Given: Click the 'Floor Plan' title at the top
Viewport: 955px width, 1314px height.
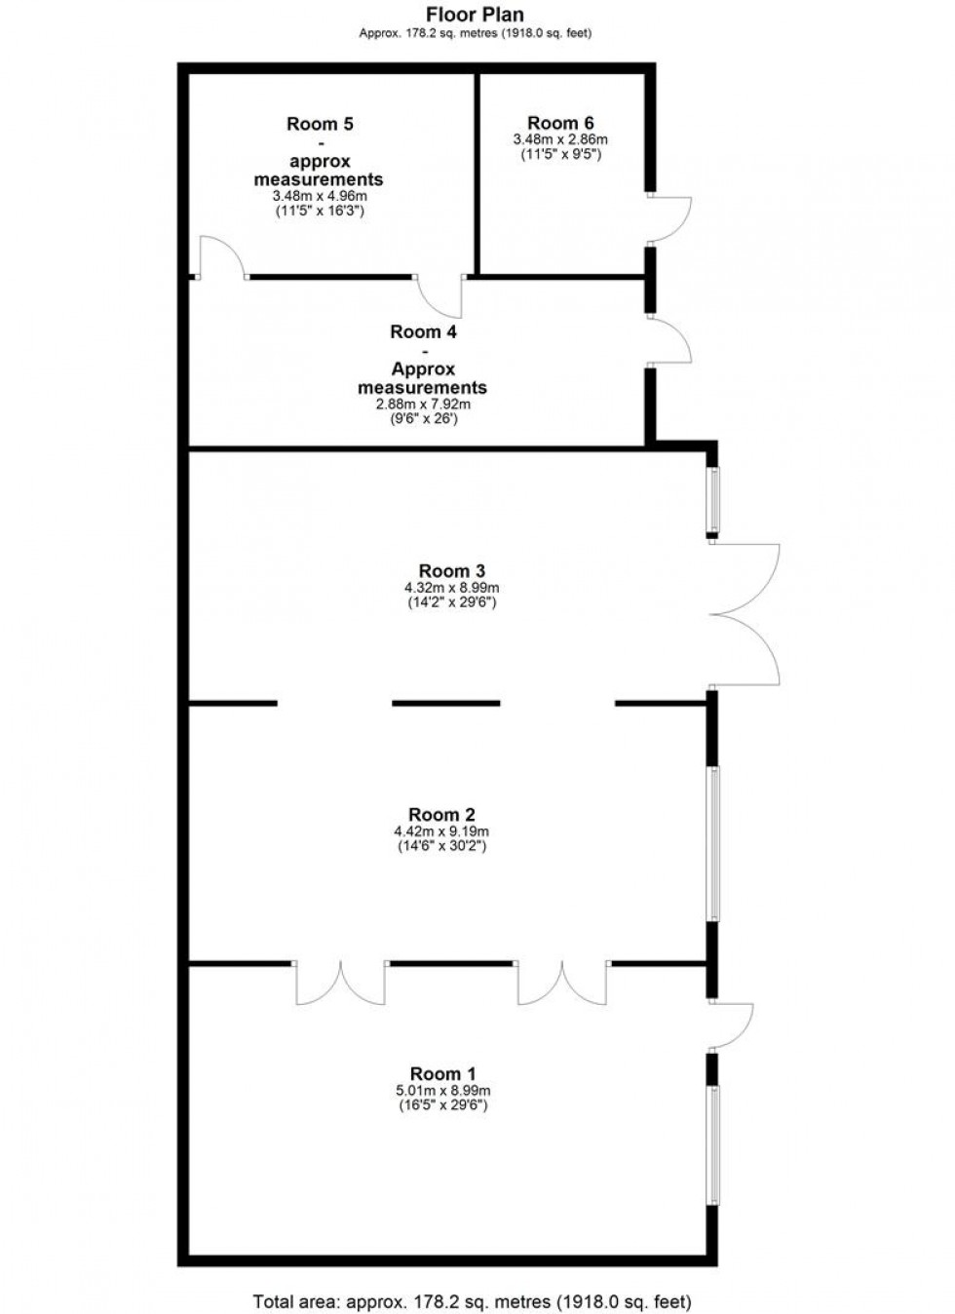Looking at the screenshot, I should [476, 15].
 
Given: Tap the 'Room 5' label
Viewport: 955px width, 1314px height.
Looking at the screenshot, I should [320, 124].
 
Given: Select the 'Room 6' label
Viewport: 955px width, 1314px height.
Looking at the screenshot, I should [560, 123].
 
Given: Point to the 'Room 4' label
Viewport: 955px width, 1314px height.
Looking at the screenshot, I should [423, 331].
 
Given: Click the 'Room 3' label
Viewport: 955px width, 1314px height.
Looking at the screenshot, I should [452, 571].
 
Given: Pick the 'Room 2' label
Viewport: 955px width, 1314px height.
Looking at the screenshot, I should [441, 815].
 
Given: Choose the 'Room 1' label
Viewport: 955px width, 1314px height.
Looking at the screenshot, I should [442, 1074].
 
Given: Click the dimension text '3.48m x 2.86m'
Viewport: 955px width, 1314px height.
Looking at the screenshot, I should [559, 139].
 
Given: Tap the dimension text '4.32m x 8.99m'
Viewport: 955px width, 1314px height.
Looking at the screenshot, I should [452, 588].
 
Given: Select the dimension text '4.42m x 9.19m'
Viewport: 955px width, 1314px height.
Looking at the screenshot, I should [441, 831].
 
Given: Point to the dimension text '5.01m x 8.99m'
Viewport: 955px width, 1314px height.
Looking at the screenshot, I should [442, 1091].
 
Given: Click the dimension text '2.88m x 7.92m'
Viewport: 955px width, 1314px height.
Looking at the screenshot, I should [423, 405].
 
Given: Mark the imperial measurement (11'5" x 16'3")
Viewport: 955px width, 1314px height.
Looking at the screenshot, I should [320, 211].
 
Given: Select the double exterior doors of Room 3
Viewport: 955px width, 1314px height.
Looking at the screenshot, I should [745, 614].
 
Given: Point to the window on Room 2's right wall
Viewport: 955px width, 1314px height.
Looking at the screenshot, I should [714, 844].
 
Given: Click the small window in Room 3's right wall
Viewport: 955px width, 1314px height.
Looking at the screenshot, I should [714, 501].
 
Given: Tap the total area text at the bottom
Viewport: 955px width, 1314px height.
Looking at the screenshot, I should [472, 1301].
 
